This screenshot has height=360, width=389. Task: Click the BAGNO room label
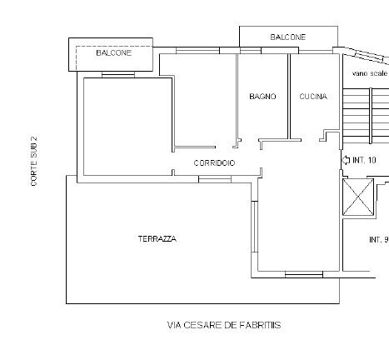coord(262,97)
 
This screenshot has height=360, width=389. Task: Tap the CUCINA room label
coord(313,97)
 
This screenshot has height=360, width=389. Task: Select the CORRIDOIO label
coord(214,162)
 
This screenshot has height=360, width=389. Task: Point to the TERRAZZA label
coord(157,238)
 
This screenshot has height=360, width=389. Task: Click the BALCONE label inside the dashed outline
coord(113,52)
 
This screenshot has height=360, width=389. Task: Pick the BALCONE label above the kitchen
coord(287,37)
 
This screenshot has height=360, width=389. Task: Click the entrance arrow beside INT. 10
coord(346,160)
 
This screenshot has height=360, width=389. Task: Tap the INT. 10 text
coord(364,160)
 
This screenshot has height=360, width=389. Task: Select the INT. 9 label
coord(379,239)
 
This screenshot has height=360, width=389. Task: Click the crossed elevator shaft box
coord(358,197)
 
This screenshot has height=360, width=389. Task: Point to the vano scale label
coord(370,73)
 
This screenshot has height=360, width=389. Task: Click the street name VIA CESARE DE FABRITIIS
coord(224,325)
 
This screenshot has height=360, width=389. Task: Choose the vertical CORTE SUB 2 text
coord(34,161)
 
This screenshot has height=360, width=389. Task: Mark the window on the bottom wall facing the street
coord(304,274)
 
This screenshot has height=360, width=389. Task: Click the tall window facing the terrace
coord(254,227)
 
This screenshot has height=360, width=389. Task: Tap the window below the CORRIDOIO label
coord(215,179)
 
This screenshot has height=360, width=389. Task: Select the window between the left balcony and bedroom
coord(118,74)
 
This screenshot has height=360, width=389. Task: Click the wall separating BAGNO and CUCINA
coord(289,96)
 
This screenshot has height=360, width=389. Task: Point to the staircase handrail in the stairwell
coord(371,116)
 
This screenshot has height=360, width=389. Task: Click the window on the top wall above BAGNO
coord(251,51)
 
